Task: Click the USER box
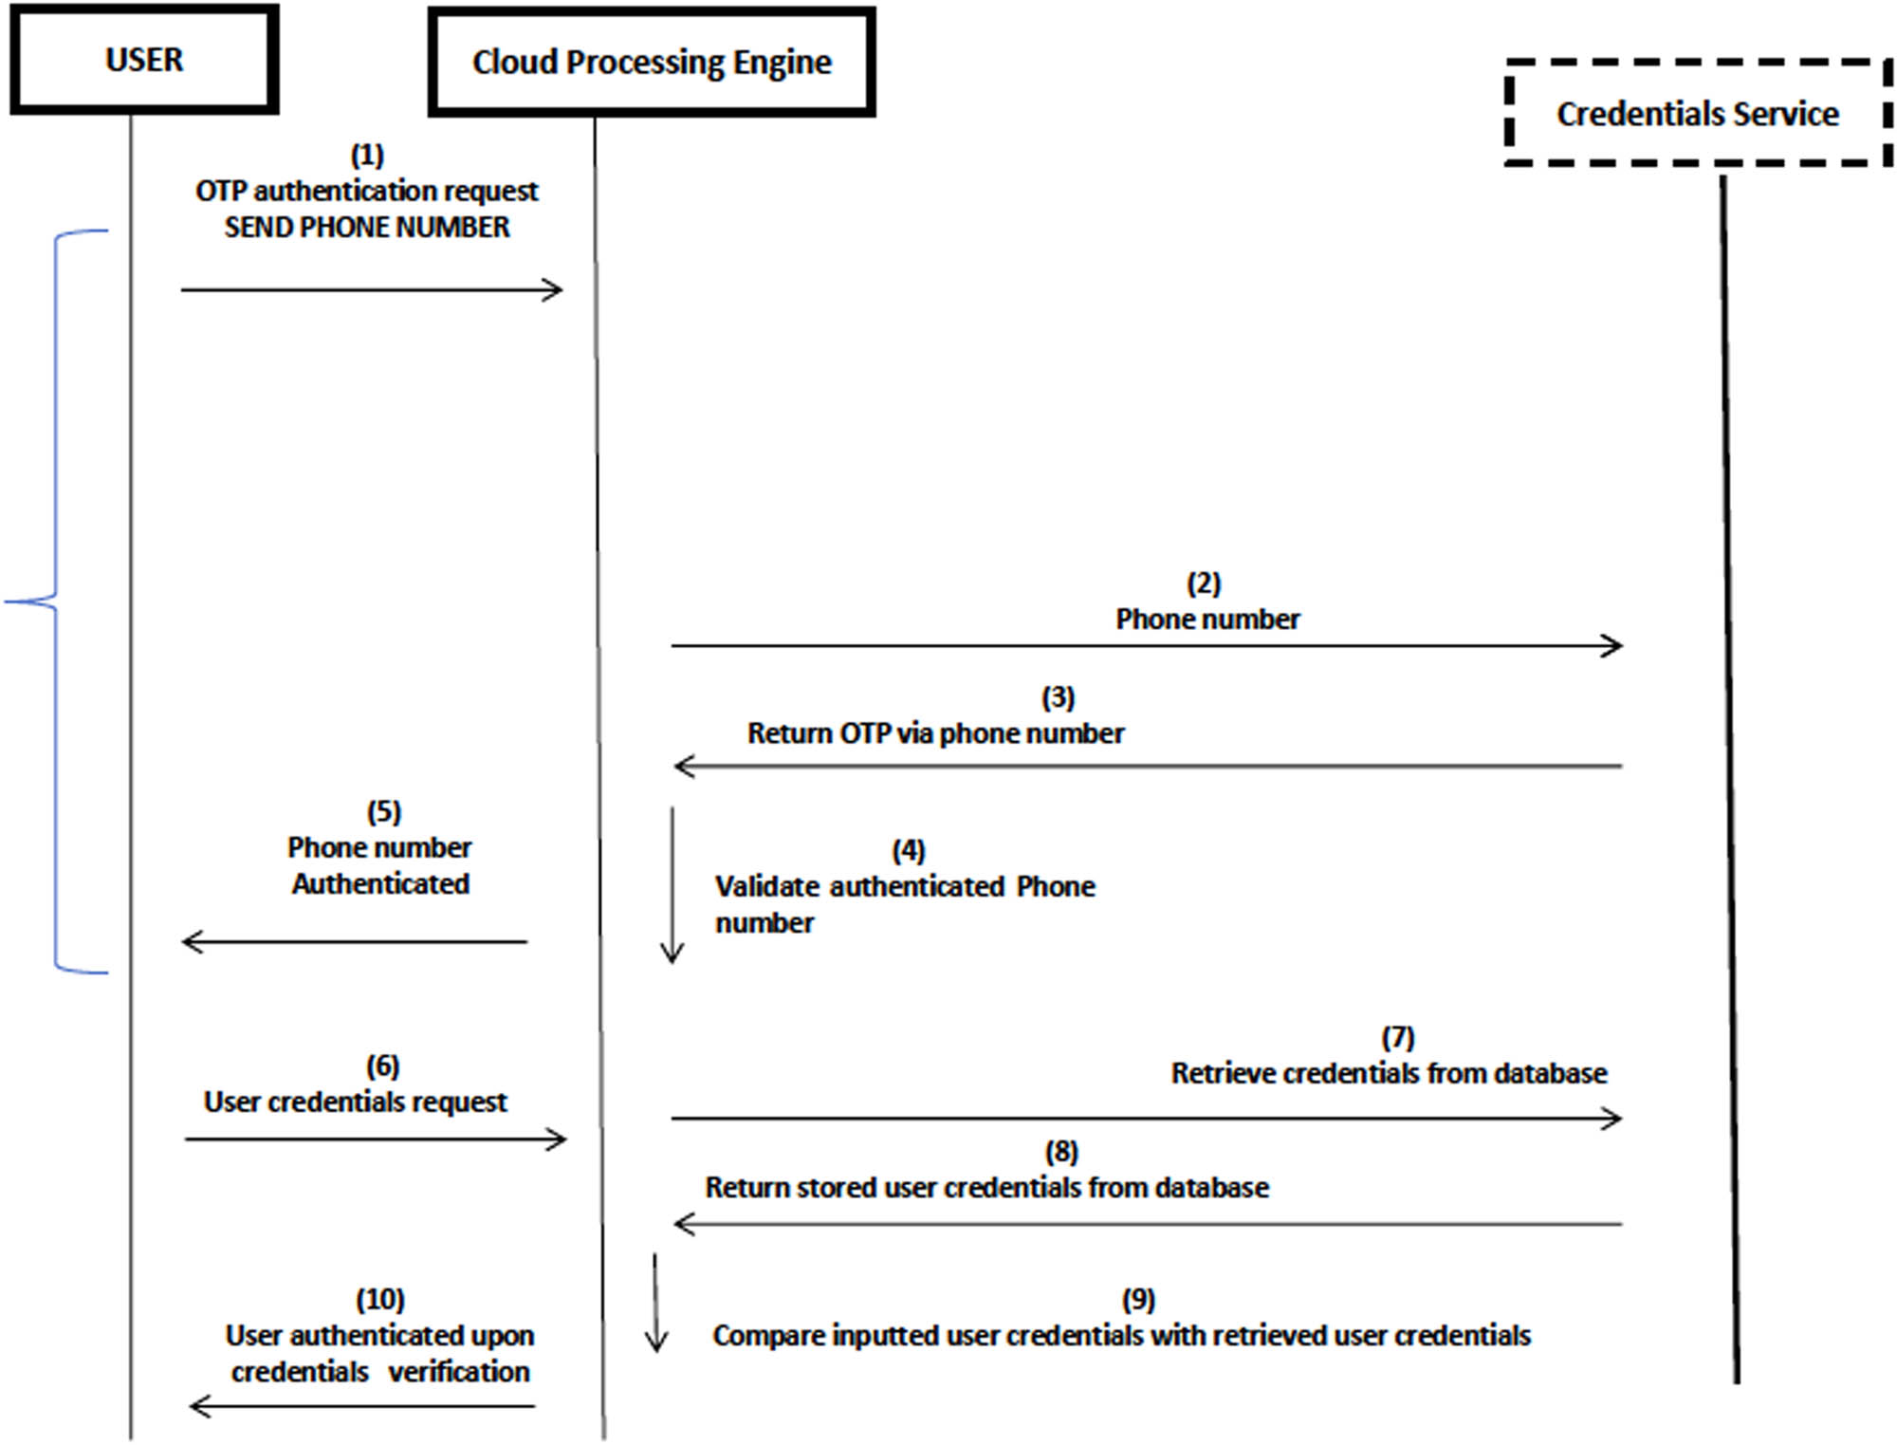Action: click(x=144, y=60)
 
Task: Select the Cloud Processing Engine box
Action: click(x=652, y=63)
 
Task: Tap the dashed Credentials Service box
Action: click(x=1697, y=114)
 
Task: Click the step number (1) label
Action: click(x=367, y=155)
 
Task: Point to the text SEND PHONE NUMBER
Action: click(x=367, y=228)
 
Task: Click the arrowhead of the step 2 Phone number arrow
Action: click(x=1612, y=646)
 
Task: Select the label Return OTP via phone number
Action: click(x=935, y=733)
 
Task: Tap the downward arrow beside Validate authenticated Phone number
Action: click(x=672, y=887)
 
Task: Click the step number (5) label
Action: click(x=384, y=812)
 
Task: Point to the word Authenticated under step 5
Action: click(x=380, y=884)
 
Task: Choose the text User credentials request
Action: click(x=356, y=1102)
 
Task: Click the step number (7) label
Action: click(x=1398, y=1038)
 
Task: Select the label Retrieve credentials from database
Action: click(x=1389, y=1074)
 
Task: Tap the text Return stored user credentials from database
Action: click(x=986, y=1188)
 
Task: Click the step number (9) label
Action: click(x=1138, y=1300)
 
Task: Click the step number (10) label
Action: click(x=380, y=1300)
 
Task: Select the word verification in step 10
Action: click(x=459, y=1372)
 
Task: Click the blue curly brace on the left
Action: click(x=55, y=602)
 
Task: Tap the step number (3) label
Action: click(x=1059, y=698)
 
